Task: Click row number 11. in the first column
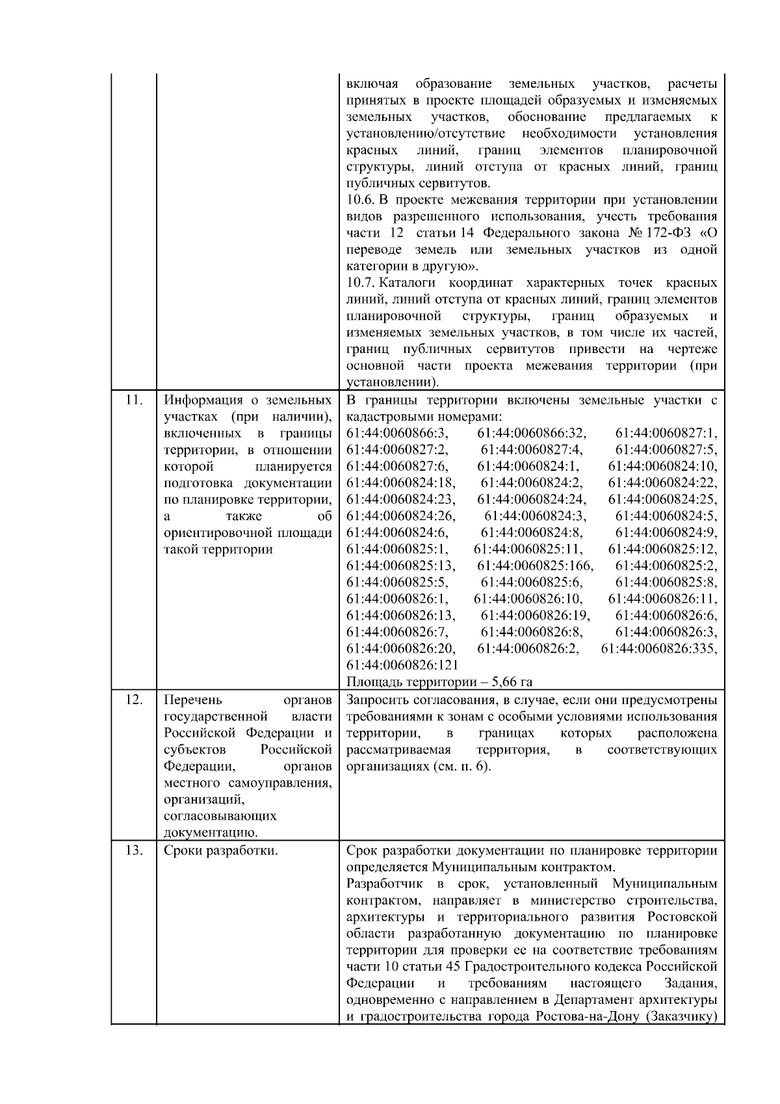click(133, 401)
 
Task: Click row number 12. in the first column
click(133, 700)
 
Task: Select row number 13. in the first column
click(133, 850)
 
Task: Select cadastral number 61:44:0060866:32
click(532, 434)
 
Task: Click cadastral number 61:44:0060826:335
click(659, 648)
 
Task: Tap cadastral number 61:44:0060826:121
click(402, 665)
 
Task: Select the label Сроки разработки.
click(221, 850)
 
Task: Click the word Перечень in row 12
click(193, 700)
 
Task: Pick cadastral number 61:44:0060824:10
click(662, 467)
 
